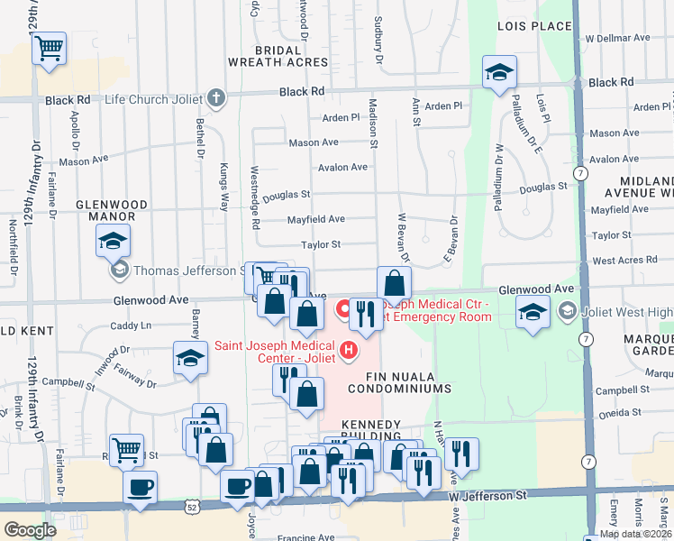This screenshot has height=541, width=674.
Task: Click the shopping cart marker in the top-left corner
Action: (50, 48)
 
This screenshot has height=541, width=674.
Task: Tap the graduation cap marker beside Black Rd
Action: (498, 74)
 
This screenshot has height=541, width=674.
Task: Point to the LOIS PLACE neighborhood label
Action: (534, 27)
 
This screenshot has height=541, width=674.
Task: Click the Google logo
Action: (30, 530)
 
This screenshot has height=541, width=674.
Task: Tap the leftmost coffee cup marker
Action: (140, 489)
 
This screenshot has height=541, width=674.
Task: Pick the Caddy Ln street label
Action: (130, 326)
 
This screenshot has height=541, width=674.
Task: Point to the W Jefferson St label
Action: (496, 495)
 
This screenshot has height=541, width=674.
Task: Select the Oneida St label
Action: (623, 412)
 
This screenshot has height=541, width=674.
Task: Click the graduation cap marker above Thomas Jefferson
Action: (113, 241)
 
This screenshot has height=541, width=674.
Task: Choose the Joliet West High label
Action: (624, 312)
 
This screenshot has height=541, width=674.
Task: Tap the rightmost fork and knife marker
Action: (461, 455)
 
